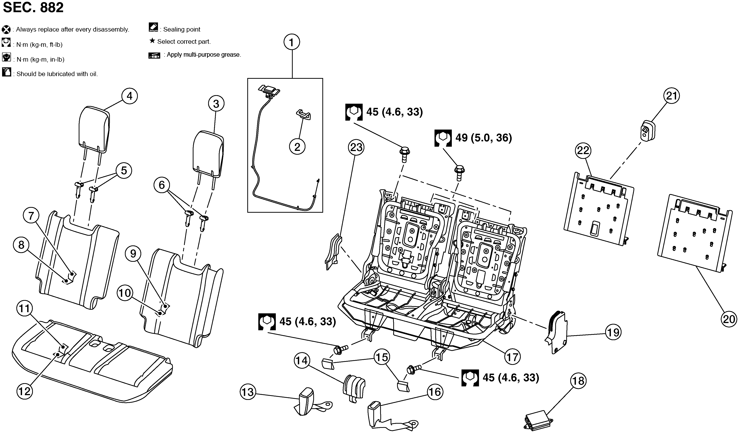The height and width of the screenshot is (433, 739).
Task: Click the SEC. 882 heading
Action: tap(33, 8)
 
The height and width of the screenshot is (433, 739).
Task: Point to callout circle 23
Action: tap(356, 147)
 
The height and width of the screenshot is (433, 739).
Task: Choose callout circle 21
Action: tap(672, 96)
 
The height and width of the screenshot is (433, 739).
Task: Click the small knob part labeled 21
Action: tap(648, 131)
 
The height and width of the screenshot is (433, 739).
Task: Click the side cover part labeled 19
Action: tap(556, 332)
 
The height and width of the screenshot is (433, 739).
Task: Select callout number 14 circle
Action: tap(302, 360)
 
